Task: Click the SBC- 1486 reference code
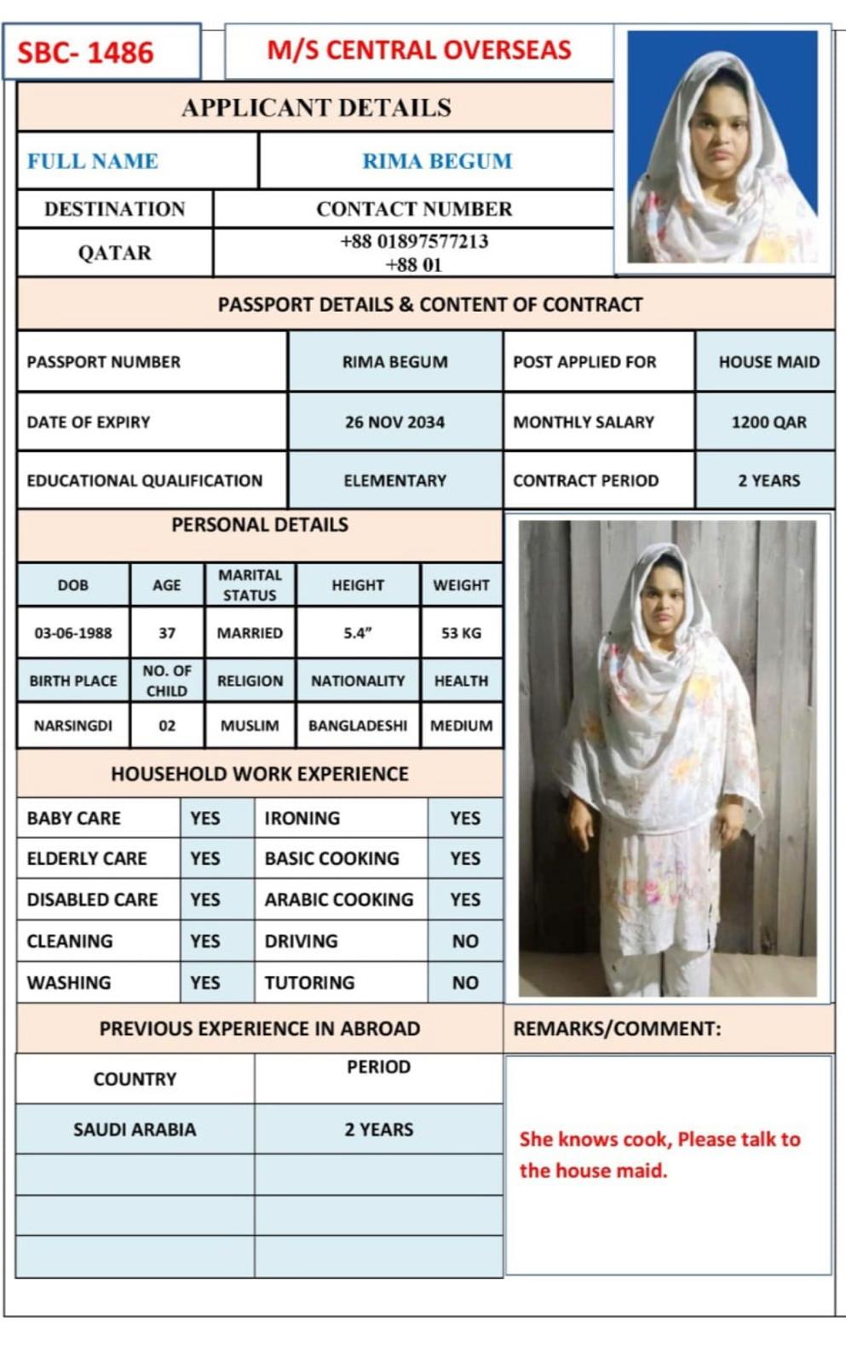(85, 53)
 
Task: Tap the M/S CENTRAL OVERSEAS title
(419, 50)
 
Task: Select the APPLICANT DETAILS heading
(316, 107)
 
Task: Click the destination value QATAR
(114, 253)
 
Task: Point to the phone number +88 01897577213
(414, 241)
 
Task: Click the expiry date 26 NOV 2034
(394, 422)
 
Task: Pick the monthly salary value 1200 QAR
(768, 422)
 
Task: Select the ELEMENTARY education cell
(394, 480)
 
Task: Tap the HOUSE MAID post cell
(768, 362)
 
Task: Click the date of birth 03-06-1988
(73, 633)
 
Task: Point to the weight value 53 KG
(461, 633)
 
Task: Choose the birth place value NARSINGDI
(73, 726)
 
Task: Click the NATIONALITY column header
(358, 681)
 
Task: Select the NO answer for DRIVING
(465, 941)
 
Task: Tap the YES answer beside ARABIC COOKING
(465, 900)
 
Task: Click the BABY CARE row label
(74, 818)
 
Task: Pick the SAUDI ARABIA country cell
(135, 1130)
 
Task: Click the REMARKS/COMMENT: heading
(617, 1028)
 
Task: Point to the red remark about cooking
(659, 1154)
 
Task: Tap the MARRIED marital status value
(250, 633)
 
